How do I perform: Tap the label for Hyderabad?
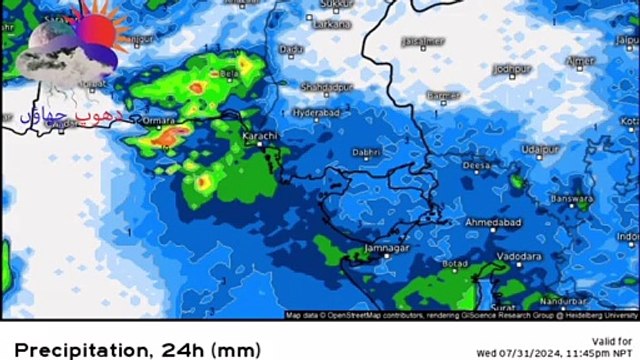pyautogui.click(x=318, y=114)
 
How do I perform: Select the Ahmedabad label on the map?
pyautogui.click(x=494, y=220)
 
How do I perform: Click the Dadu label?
pyautogui.click(x=292, y=48)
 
